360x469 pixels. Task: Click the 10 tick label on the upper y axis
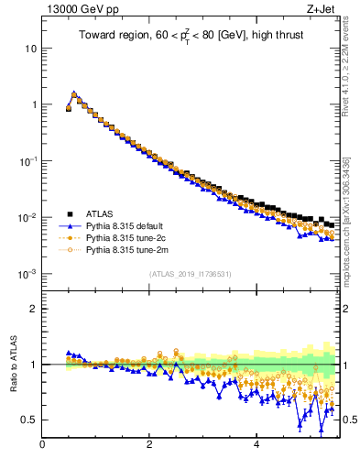coord(29,48)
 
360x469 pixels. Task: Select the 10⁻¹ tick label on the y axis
coord(27,160)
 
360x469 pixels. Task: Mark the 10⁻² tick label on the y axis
coord(27,217)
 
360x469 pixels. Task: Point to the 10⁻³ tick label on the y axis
coord(27,274)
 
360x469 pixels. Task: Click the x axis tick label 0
coord(42,446)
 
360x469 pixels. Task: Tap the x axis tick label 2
coord(149,446)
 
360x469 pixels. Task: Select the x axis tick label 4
coord(256,446)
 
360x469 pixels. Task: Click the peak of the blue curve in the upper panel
coord(74,93)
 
